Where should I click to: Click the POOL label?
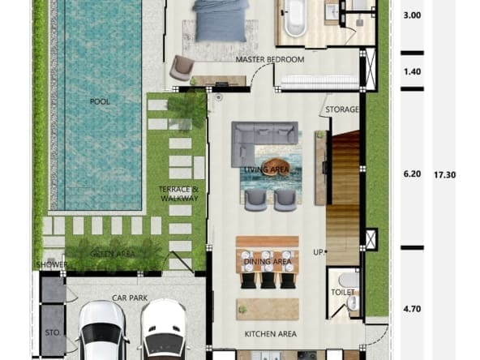[100, 101]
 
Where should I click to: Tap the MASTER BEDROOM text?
[270, 59]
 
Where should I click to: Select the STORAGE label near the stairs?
[341, 109]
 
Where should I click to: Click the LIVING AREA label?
[267, 169]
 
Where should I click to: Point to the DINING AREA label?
[268, 261]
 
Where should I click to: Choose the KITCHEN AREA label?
[271, 334]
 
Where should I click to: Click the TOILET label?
[343, 293]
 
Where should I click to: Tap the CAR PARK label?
[130, 298]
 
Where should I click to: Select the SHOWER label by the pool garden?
[52, 265]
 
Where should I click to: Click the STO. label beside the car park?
[53, 332]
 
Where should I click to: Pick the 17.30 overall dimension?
[445, 175]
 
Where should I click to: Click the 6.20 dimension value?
[412, 174]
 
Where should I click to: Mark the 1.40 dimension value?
[412, 71]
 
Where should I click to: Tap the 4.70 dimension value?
[412, 309]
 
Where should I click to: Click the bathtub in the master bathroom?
[295, 18]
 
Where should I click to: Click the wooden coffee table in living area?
[276, 167]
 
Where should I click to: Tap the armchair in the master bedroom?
[182, 67]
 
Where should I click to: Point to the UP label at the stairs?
[319, 252]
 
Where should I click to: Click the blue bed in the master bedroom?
[220, 20]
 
